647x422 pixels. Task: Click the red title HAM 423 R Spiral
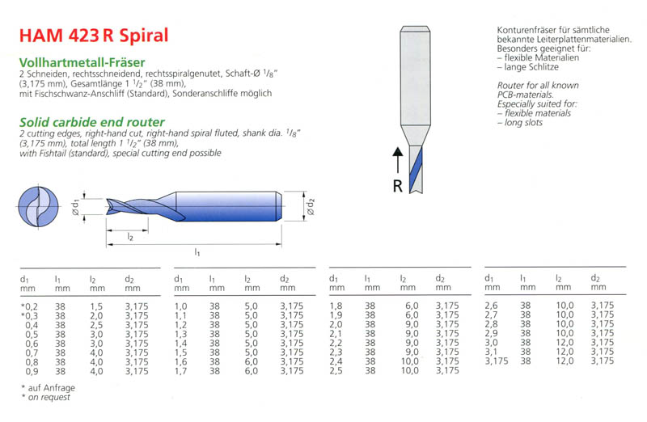click(94, 36)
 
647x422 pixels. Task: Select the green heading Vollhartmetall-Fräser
click(82, 62)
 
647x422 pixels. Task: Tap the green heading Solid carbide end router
click(92, 122)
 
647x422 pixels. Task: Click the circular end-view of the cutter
click(38, 206)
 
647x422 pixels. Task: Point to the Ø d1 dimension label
click(75, 207)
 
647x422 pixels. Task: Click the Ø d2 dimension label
click(311, 207)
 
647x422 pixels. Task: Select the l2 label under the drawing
click(130, 237)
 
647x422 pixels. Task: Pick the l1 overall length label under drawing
click(197, 252)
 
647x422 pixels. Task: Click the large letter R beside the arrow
click(397, 187)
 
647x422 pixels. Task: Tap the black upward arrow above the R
click(398, 160)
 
